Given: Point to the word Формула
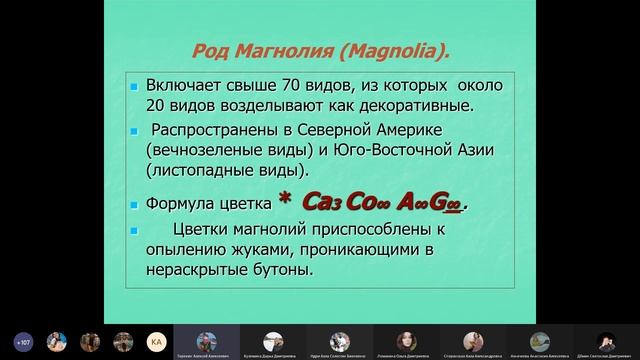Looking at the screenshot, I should coord(180,204).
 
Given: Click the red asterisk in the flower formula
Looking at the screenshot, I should coord(284,202).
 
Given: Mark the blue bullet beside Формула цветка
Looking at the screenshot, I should coord(134,205).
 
